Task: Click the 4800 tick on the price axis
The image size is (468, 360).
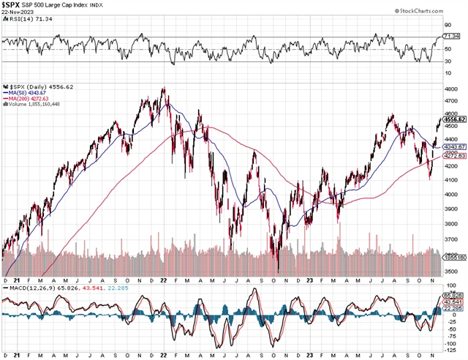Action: (x=450, y=89)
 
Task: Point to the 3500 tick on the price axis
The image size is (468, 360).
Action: (x=450, y=271)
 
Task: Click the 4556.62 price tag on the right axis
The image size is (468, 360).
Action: (x=455, y=119)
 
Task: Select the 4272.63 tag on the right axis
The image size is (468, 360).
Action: (x=455, y=156)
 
